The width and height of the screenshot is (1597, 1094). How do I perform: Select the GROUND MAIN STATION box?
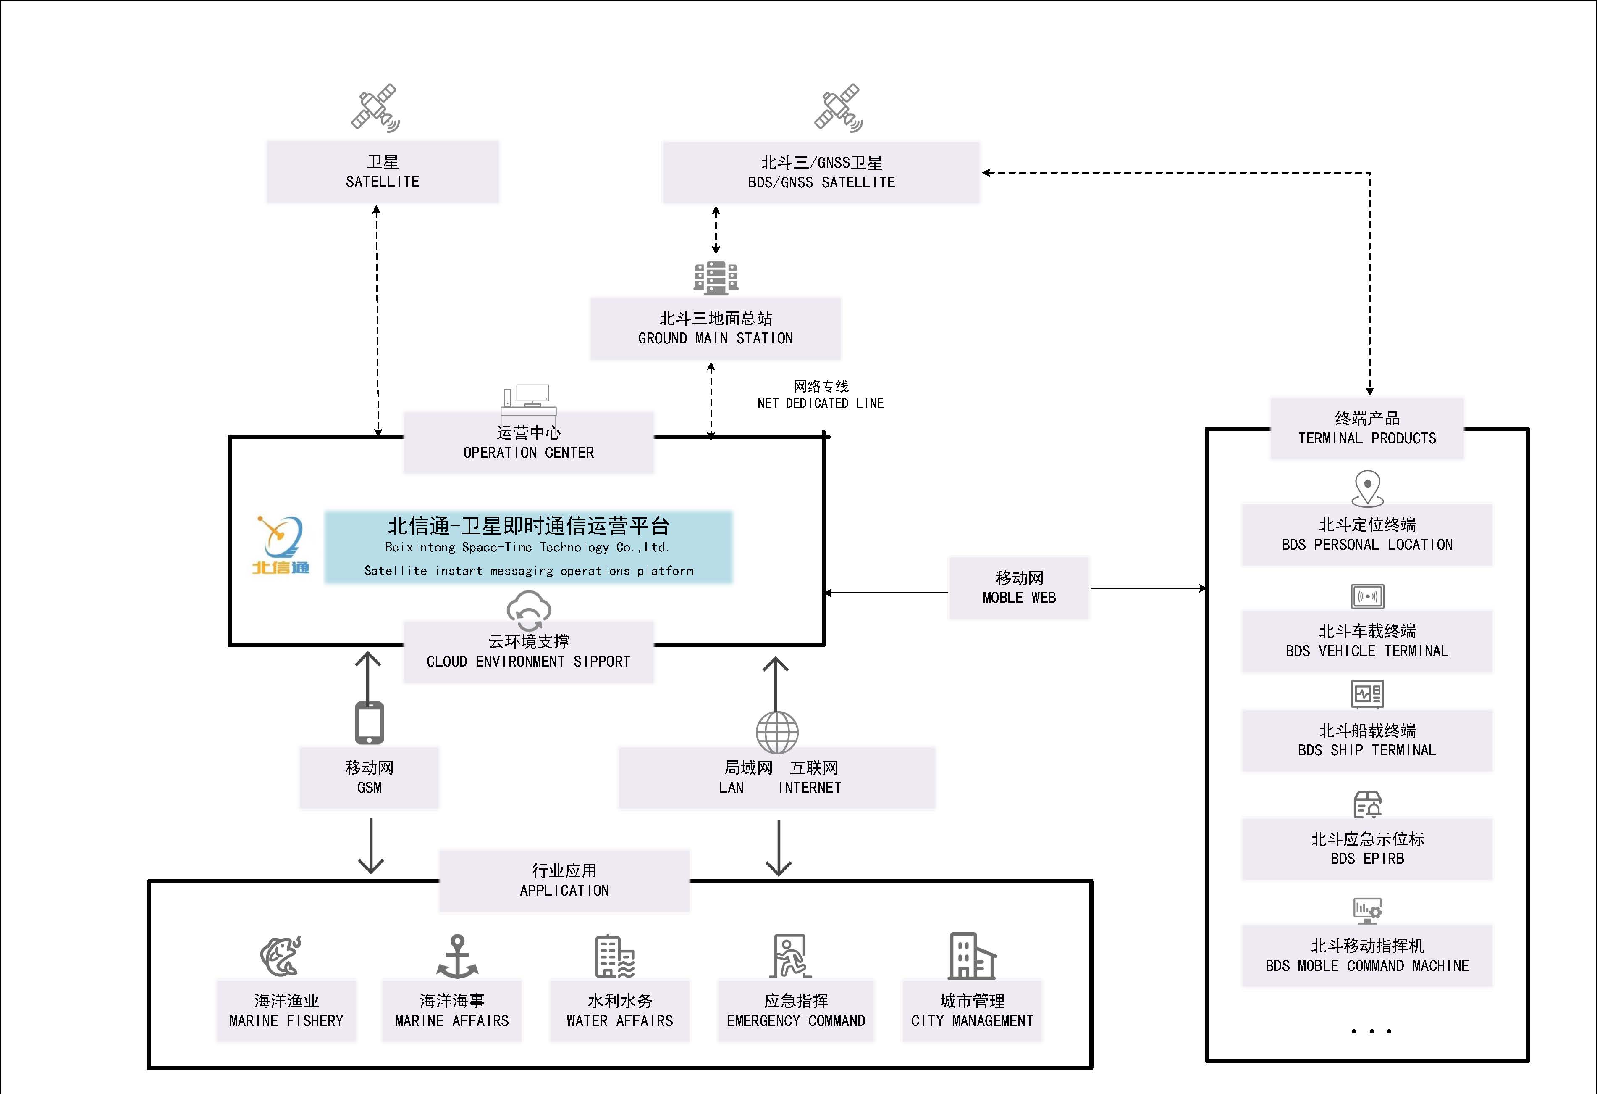click(x=715, y=328)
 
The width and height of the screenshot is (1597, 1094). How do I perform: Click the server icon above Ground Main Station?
click(x=715, y=278)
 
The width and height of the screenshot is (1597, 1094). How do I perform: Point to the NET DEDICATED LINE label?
click(x=821, y=395)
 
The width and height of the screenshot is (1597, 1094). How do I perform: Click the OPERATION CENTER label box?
click(x=528, y=442)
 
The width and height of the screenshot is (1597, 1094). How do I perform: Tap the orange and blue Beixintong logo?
click(x=281, y=545)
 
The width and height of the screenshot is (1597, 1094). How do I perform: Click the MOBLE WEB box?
click(x=1019, y=588)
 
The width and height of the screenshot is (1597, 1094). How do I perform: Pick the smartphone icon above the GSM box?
click(x=369, y=723)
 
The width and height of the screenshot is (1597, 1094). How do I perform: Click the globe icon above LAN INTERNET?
click(x=777, y=732)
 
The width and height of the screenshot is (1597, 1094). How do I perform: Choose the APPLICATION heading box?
click(x=564, y=880)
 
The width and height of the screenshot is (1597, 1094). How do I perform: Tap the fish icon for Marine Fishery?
click(x=281, y=955)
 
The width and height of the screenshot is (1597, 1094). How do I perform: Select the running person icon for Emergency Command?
click(x=790, y=956)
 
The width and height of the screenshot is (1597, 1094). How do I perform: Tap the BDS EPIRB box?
click(x=1367, y=849)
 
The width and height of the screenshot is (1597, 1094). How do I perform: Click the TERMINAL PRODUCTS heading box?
click(x=1367, y=428)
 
